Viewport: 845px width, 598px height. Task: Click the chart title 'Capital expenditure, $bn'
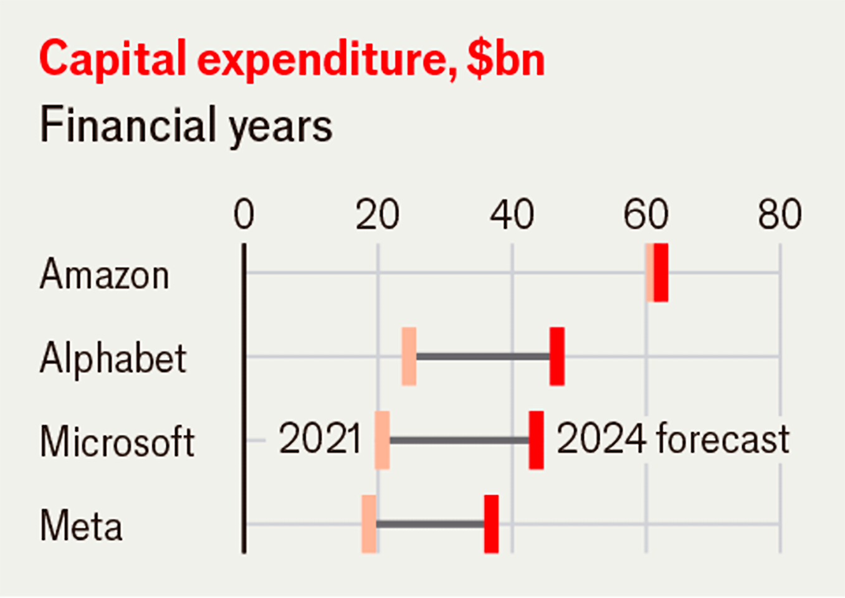point(292,60)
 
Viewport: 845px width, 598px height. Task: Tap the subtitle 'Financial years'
point(186,125)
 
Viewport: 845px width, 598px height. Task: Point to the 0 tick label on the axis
point(244,215)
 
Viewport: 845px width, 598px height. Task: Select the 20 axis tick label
point(377,215)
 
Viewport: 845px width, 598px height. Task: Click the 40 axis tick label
point(512,215)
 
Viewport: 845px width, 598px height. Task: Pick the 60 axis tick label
point(646,215)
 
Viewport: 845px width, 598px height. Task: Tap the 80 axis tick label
point(780,215)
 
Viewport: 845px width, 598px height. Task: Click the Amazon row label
point(105,274)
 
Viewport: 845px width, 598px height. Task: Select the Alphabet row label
point(113,358)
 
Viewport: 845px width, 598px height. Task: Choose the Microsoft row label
point(117,442)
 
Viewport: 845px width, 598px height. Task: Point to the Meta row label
point(81,526)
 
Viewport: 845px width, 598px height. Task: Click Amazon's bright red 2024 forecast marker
point(661,273)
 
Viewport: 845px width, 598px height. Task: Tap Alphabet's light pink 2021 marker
point(409,356)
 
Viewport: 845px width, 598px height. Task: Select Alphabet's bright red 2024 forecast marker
point(557,356)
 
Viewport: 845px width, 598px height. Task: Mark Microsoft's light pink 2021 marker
point(382,440)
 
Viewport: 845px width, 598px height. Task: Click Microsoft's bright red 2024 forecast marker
point(536,440)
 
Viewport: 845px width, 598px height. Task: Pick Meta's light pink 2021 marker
point(369,524)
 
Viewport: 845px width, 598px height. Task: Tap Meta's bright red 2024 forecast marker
point(491,524)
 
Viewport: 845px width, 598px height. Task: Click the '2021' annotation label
point(320,439)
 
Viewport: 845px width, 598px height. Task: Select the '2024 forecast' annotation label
point(672,439)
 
